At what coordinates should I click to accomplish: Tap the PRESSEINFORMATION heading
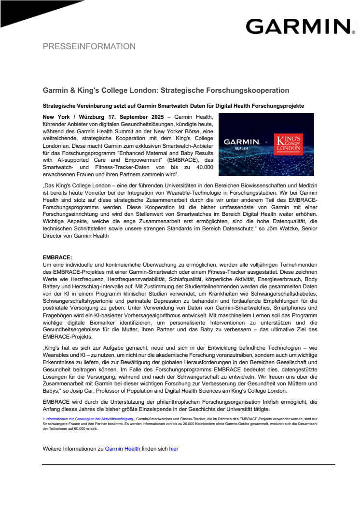[x=89, y=47]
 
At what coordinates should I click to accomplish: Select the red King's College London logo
[x=288, y=144]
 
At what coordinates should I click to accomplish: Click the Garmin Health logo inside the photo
[x=241, y=144]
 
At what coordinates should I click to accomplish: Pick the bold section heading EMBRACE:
[x=57, y=257]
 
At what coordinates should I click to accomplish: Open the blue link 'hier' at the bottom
[x=174, y=449]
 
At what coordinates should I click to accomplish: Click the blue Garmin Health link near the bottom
[x=123, y=449]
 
